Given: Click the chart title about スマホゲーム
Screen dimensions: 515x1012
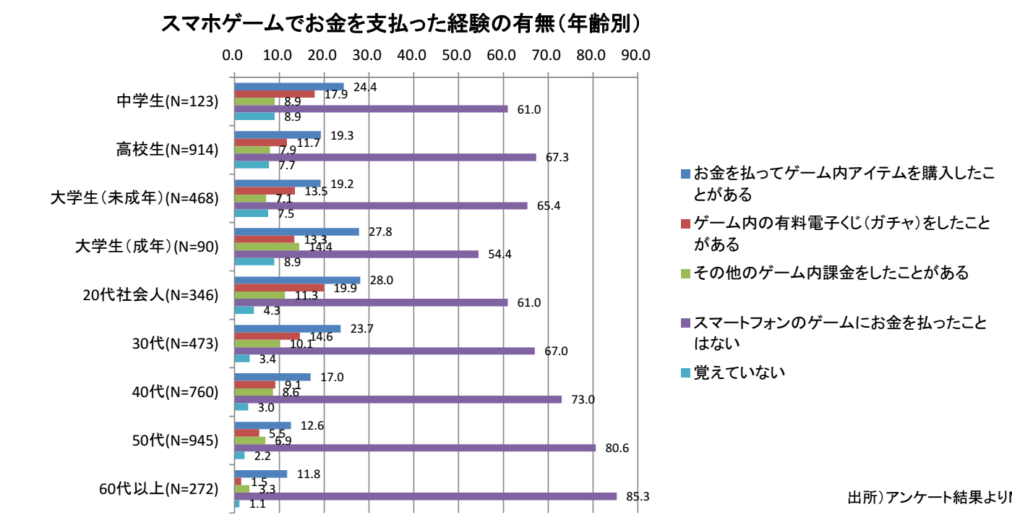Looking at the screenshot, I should [x=400, y=23].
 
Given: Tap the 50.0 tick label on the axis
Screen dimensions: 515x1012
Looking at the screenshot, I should [x=457, y=55].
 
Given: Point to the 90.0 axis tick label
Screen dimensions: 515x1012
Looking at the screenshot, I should [x=636, y=55].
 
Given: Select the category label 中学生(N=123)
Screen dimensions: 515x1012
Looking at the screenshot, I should [x=168, y=101].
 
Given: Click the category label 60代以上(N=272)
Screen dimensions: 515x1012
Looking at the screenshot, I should [x=158, y=489].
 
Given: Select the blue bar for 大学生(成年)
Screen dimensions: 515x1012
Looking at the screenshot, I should [x=296, y=232].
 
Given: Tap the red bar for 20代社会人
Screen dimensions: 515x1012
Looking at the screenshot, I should [x=279, y=288].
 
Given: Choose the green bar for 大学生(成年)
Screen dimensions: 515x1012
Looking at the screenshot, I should [x=266, y=247].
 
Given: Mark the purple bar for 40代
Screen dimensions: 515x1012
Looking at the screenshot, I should [x=398, y=399].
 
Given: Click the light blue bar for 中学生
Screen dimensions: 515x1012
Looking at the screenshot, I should [x=254, y=116].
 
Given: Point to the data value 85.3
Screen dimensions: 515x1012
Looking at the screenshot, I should [x=638, y=497].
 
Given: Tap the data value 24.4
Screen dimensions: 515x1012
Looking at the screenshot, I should [x=365, y=88].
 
